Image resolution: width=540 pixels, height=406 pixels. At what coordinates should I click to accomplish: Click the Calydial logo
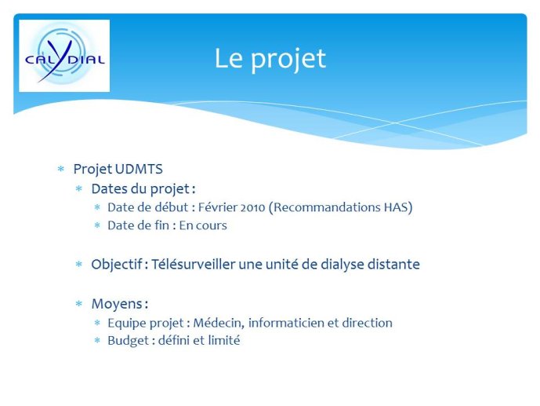coord(64,56)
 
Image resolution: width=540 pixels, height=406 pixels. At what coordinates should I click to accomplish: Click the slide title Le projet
coord(270,59)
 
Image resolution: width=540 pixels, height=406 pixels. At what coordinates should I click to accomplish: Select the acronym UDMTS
coord(139,169)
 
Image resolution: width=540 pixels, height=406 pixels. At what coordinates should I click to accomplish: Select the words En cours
coord(203,225)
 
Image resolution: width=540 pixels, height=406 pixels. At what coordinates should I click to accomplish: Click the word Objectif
coord(117,265)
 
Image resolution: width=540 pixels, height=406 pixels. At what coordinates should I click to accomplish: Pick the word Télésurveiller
coord(193,265)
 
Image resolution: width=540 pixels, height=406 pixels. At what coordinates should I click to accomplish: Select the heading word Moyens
coord(117,304)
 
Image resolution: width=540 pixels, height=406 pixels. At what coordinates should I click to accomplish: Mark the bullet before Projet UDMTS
coord(61,169)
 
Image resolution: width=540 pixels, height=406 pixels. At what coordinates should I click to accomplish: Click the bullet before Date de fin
coord(97,225)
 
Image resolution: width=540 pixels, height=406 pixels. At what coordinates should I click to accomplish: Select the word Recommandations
coord(324,207)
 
